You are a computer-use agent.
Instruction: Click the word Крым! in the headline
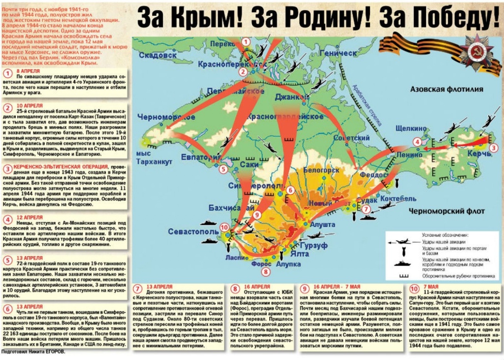(x=206, y=18)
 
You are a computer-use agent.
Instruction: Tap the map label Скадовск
(x=157, y=55)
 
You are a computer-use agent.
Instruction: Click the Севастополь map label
(x=193, y=231)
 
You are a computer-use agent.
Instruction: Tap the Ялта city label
(x=299, y=254)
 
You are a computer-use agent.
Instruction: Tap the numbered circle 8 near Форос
(x=266, y=271)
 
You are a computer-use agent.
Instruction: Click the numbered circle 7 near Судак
(x=365, y=209)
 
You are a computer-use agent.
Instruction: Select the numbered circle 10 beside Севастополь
(x=225, y=227)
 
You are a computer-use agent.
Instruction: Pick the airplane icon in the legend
(x=403, y=241)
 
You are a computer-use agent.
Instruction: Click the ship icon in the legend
(x=403, y=263)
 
